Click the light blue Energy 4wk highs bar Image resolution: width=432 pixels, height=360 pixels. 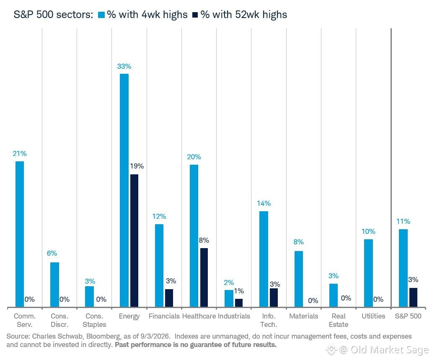click(x=124, y=190)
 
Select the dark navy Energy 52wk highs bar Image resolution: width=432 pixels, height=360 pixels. click(x=134, y=241)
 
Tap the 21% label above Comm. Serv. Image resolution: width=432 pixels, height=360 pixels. click(x=20, y=153)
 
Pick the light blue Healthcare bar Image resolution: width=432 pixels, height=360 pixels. click(x=194, y=236)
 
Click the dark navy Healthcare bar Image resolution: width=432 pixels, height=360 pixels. click(x=204, y=277)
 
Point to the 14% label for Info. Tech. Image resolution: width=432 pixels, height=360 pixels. click(x=264, y=203)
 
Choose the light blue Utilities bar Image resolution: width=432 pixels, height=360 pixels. click(x=368, y=273)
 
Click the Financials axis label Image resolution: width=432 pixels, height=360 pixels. click(x=164, y=316)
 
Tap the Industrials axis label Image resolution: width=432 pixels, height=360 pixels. click(x=234, y=316)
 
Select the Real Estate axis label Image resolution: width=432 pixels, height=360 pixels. click(x=339, y=320)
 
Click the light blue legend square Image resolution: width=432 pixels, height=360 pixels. click(x=102, y=15)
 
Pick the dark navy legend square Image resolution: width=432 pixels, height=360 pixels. click(x=195, y=15)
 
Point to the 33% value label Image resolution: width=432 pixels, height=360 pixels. click(x=124, y=67)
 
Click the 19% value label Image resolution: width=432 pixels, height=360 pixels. click(x=137, y=166)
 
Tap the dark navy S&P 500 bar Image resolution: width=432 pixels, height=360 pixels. click(x=413, y=298)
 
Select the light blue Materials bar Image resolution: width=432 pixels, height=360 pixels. click(x=299, y=279)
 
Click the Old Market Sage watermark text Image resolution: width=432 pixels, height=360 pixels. click(x=390, y=350)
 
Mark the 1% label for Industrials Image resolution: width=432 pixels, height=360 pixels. click(x=239, y=291)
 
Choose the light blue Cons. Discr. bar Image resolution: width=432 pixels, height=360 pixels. click(x=54, y=285)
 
